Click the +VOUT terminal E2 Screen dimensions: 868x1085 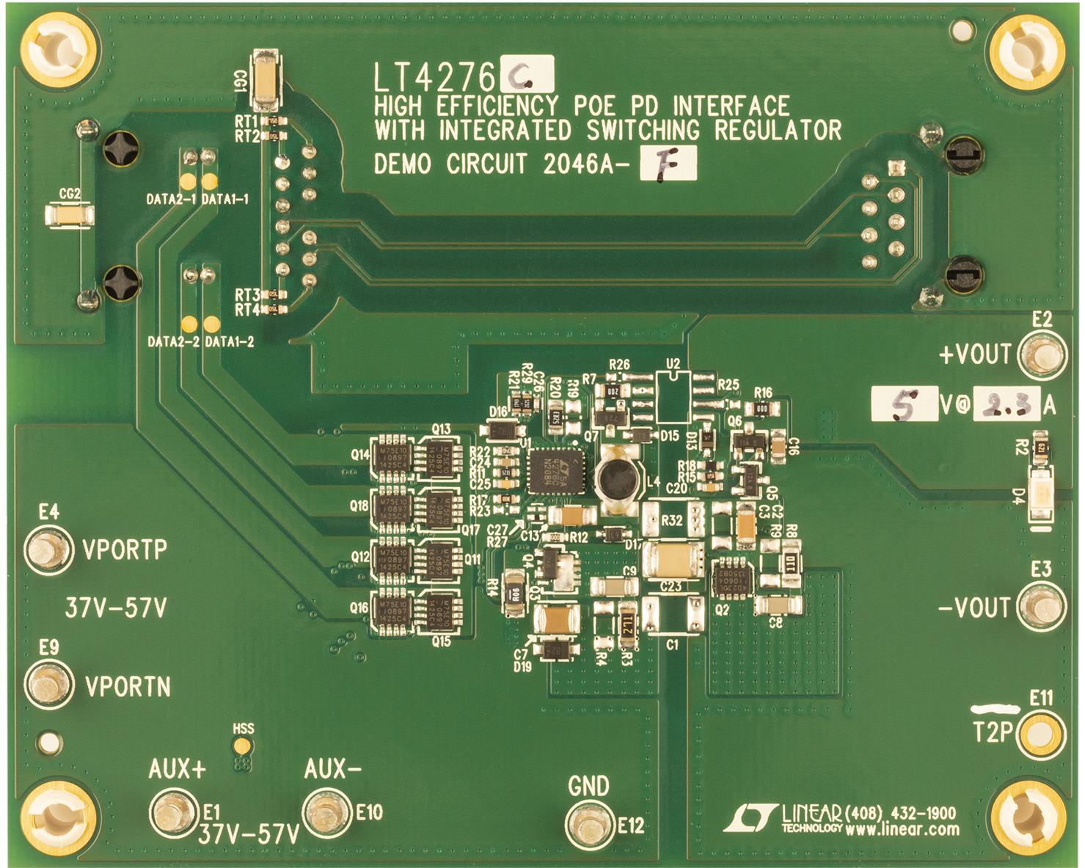click(x=1042, y=354)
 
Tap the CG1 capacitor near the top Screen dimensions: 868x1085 click(x=265, y=79)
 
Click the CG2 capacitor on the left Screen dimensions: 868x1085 click(x=69, y=216)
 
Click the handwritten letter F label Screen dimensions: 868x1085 click(x=668, y=164)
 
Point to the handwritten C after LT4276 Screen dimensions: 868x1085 click(x=526, y=74)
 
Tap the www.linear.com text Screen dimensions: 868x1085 click(x=902, y=830)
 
